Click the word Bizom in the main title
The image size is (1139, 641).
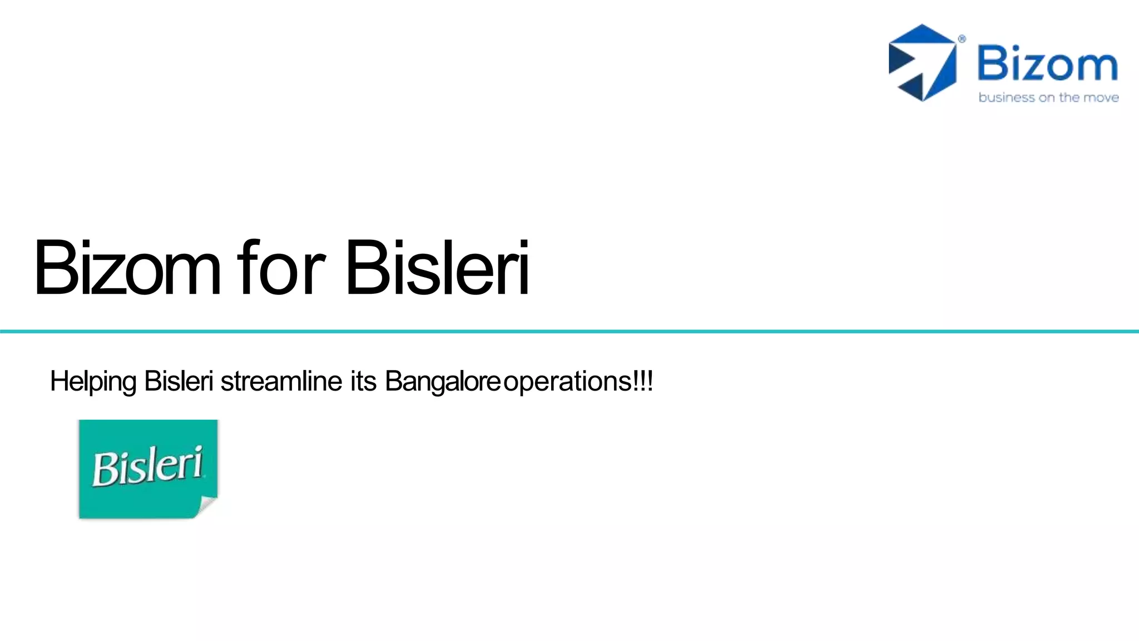tap(127, 268)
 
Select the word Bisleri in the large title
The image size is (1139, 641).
tap(437, 268)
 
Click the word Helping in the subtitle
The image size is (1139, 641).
tap(93, 382)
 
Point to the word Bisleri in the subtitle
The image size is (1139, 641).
tap(179, 382)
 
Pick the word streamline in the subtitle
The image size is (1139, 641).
tap(281, 382)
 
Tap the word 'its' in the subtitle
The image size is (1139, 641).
tap(363, 382)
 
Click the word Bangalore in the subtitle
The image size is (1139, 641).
tap(443, 382)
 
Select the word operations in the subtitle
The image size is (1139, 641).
tap(567, 382)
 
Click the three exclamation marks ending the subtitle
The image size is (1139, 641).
tap(643, 382)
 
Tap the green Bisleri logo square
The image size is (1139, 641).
tap(148, 469)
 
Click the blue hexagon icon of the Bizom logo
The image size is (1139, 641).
tap(922, 63)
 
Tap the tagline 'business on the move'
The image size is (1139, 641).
tap(1048, 98)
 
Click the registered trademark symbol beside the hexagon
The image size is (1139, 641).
tap(962, 39)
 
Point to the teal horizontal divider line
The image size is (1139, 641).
tap(569, 332)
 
